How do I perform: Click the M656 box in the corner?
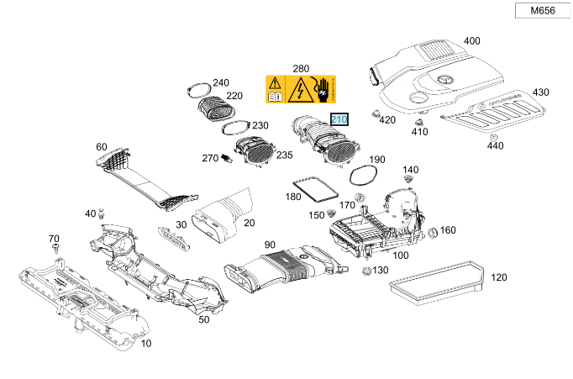[536, 11]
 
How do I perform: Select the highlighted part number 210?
[339, 120]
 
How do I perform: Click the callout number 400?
[472, 40]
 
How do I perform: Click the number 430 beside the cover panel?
[540, 92]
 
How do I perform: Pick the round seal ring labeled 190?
[362, 174]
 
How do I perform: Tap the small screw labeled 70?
[55, 250]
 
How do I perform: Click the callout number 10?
[146, 344]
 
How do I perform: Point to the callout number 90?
[270, 245]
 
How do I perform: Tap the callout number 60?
[102, 147]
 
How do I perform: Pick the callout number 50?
[203, 320]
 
